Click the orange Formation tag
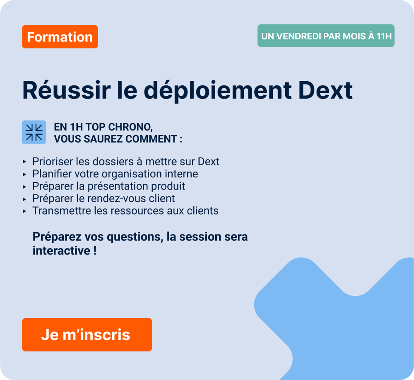pos(60,37)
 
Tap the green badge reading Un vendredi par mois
pos(326,36)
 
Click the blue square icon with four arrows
pos(34,132)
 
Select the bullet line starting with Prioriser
pos(126,161)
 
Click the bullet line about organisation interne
pos(115,174)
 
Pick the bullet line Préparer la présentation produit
pos(108,186)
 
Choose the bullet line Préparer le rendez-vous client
pos(103,198)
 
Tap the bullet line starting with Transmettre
pos(125,211)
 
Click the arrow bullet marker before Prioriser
pos(25,162)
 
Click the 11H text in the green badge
pos(384,36)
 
